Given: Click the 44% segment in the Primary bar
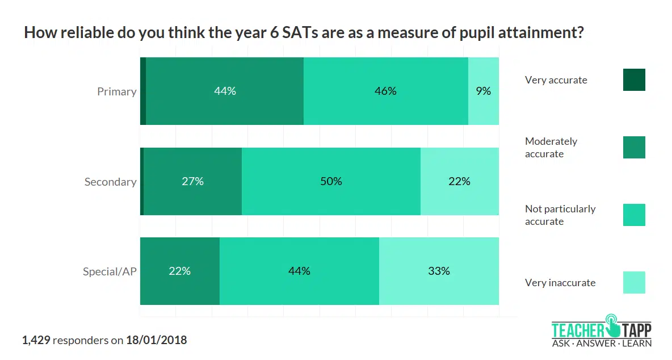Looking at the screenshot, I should (225, 91).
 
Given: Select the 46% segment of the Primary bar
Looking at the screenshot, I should (385, 91).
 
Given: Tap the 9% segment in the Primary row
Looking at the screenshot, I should (484, 91).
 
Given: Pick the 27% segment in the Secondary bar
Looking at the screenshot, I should (193, 182).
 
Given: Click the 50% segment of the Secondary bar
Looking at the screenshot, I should (331, 182).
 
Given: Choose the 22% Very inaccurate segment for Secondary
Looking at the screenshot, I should (459, 182).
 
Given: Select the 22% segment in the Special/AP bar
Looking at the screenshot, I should (179, 271).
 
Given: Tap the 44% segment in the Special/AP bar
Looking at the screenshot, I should (299, 271).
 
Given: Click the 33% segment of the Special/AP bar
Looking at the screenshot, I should (439, 271).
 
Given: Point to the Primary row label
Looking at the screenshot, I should (116, 91).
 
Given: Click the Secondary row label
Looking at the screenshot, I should (110, 182).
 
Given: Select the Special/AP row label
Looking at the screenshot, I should (110, 271).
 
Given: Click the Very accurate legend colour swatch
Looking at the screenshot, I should (634, 80).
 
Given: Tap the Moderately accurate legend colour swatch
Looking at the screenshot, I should (634, 148).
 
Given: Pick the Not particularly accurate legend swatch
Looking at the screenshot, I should (634, 215).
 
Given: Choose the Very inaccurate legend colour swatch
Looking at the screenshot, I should (634, 283).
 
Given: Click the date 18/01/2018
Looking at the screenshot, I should (156, 341).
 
